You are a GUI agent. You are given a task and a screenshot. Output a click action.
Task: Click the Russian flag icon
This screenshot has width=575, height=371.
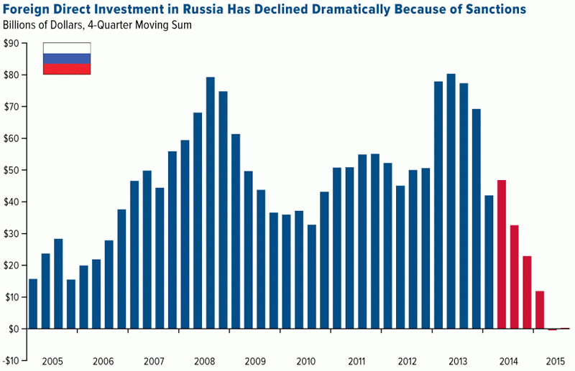click(x=67, y=59)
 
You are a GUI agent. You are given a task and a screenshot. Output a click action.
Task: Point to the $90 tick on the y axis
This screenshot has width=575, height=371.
click(x=11, y=43)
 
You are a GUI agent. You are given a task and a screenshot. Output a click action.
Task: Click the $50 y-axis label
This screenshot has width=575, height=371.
click(x=11, y=170)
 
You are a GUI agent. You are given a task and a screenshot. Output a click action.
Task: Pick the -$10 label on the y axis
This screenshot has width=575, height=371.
click(x=11, y=360)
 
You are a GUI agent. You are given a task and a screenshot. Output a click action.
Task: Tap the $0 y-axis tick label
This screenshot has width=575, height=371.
click(x=13, y=329)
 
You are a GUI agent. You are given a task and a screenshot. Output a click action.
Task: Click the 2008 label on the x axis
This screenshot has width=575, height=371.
click(x=205, y=360)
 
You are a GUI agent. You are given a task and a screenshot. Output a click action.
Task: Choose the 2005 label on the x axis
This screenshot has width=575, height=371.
click(x=52, y=360)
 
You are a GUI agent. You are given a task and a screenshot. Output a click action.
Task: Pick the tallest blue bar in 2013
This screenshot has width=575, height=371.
click(x=451, y=201)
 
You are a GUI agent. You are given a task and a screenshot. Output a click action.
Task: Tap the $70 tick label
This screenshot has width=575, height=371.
click(x=11, y=107)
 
